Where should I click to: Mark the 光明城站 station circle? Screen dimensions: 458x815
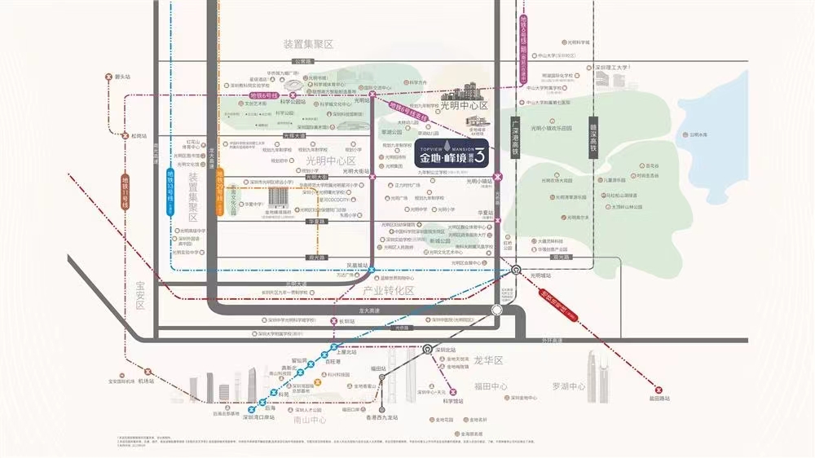[x=517, y=271]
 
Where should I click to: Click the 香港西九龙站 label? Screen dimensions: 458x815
[x=381, y=418]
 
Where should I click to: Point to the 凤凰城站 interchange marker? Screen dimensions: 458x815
[x=372, y=271]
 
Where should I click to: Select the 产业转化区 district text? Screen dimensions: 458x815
[x=389, y=290]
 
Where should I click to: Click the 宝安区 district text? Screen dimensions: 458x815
[x=139, y=293]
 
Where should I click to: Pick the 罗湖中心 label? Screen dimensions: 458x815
[x=568, y=386]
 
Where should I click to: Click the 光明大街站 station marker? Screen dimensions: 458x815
[x=372, y=171]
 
